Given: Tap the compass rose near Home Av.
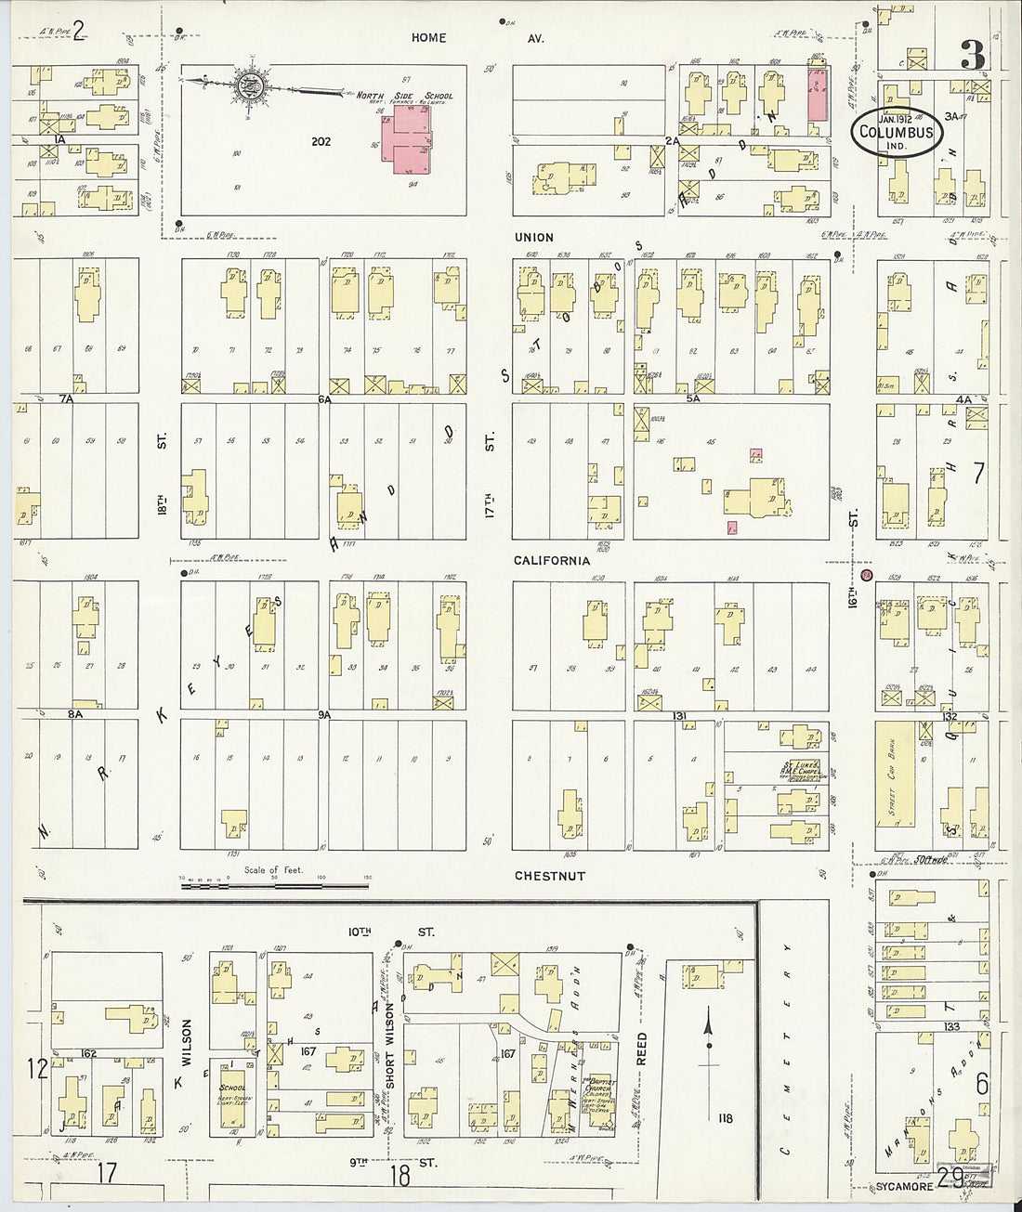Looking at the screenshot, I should click(249, 85).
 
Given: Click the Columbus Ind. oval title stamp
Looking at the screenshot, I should click(896, 132).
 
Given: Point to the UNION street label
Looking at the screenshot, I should click(533, 238).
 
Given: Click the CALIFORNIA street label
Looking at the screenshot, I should click(552, 561).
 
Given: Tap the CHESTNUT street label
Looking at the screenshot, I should click(550, 876).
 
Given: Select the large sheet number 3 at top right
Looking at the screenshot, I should click(972, 56).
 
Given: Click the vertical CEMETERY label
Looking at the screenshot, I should click(786, 1049).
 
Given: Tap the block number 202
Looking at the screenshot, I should click(321, 142).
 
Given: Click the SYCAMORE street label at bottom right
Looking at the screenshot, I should click(903, 1187).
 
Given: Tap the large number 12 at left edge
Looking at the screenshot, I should click(37, 1068).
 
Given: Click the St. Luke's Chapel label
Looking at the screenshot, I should click(799, 770).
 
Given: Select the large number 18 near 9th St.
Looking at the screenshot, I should click(400, 1175).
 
